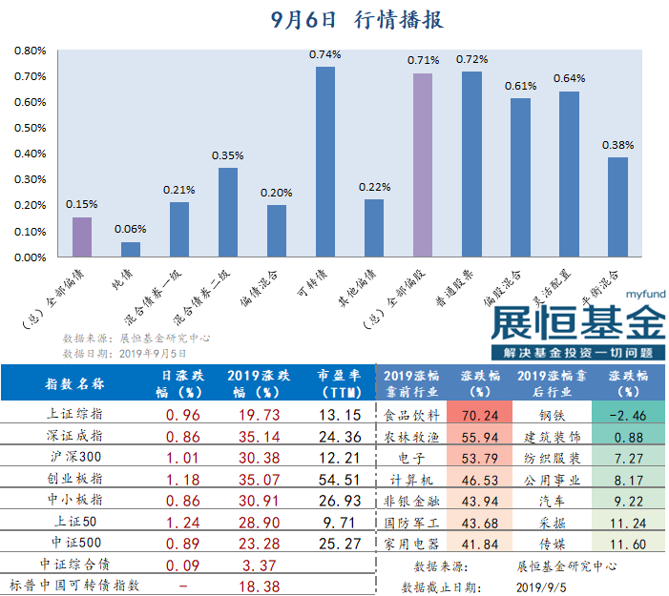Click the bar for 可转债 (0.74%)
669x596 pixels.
tap(325, 161)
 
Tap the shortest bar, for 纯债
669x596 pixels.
tap(131, 249)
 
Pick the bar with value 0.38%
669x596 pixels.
tap(618, 207)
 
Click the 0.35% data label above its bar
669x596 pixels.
tap(228, 155)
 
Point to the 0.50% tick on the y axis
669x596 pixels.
tap(31, 128)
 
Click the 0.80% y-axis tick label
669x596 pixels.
tap(31, 51)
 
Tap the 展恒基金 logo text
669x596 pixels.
tap(577, 321)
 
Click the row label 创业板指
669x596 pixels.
tap(74, 479)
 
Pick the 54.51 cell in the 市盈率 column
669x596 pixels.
tap(339, 479)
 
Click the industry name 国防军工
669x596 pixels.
tap(411, 523)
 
